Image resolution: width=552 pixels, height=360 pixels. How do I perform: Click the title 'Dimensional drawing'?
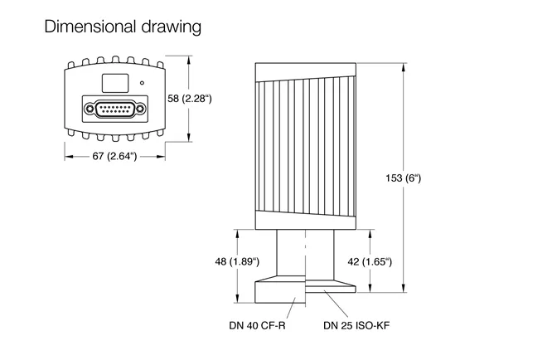123,27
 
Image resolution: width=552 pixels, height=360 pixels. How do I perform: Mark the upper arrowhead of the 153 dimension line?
404,66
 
